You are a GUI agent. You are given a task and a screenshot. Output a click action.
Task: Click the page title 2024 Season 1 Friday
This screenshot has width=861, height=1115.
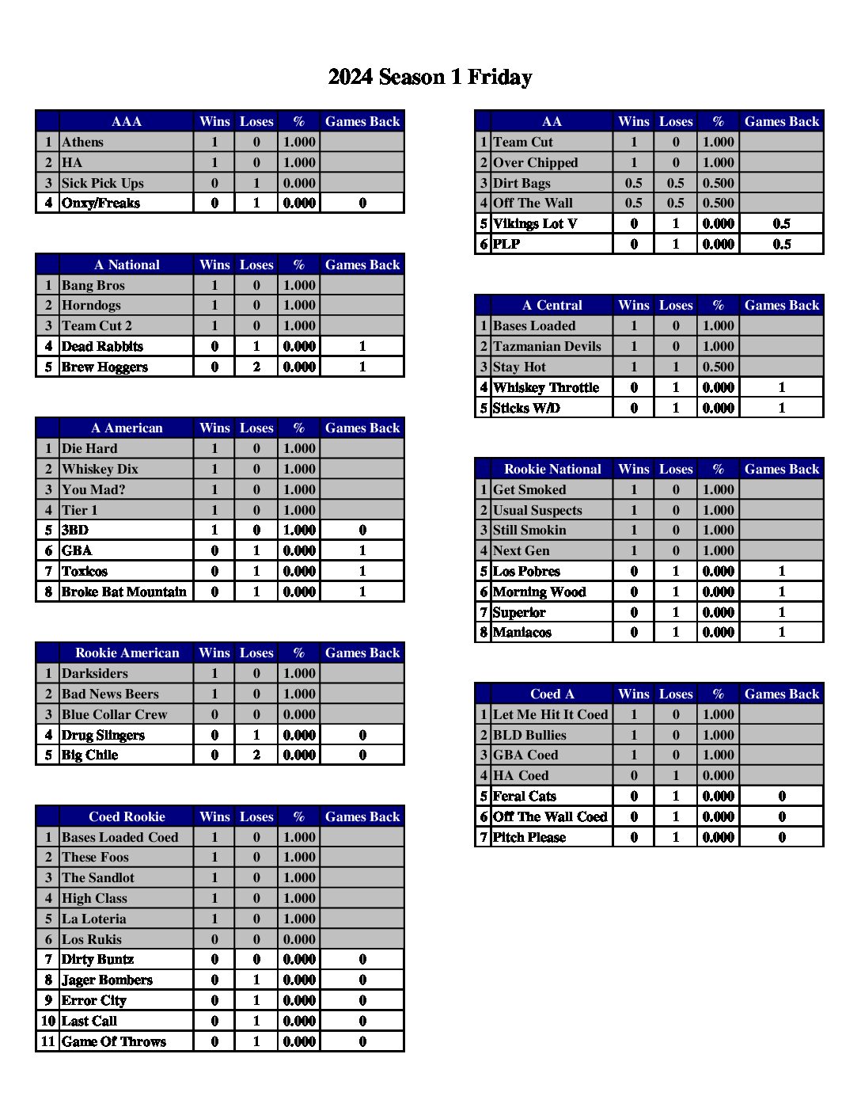[x=430, y=77]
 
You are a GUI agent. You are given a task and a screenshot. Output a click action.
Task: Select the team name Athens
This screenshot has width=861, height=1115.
[x=83, y=143]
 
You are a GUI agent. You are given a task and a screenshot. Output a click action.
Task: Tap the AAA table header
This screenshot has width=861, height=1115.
[x=127, y=121]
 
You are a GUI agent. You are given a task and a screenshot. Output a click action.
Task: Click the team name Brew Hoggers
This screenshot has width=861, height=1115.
[x=104, y=367]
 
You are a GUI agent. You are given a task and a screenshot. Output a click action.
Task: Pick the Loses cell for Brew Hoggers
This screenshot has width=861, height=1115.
[x=256, y=367]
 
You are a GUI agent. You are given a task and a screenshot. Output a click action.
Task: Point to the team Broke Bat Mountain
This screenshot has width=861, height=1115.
[x=124, y=592]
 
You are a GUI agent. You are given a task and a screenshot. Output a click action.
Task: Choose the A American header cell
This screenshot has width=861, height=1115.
[x=127, y=428]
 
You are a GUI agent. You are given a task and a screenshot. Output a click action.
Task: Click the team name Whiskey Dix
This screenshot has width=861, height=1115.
[x=100, y=470]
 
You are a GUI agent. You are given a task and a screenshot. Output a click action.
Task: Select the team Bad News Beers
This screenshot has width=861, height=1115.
[x=110, y=694]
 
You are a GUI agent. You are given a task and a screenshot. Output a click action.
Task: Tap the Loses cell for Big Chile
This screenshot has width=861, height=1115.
[x=256, y=755]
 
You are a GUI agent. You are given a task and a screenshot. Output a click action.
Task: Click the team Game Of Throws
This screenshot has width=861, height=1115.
[x=114, y=1042]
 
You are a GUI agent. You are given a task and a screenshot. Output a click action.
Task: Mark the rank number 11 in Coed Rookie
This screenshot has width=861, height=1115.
[x=48, y=1042]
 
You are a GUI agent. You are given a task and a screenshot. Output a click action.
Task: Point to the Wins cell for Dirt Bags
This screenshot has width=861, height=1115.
[x=634, y=184]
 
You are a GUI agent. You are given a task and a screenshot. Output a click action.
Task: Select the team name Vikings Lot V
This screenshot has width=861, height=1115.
[x=535, y=224]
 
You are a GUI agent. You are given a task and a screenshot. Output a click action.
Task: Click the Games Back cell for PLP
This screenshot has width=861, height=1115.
[x=781, y=245]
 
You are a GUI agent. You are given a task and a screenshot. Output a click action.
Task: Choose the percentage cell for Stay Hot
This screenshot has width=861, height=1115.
[x=718, y=367]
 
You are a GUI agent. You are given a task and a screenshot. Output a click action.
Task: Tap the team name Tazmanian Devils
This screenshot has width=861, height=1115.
[x=547, y=347]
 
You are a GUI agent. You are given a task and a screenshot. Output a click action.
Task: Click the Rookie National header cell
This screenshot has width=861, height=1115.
[x=552, y=470]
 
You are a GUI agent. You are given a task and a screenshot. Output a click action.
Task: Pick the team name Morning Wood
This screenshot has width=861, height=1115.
[x=539, y=592]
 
